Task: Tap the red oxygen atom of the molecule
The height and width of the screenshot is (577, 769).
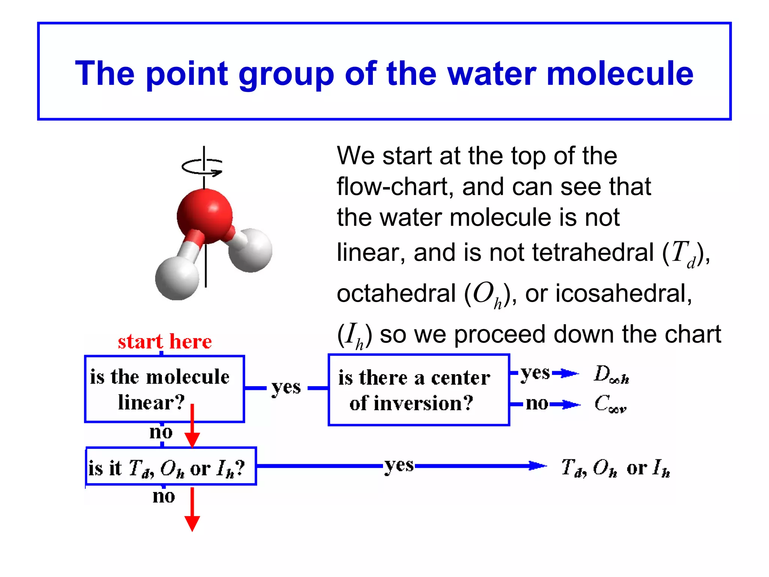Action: (205, 216)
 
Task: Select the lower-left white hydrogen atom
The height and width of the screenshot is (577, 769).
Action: (177, 278)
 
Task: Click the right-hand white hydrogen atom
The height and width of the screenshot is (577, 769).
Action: (250, 250)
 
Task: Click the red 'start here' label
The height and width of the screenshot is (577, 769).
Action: (165, 342)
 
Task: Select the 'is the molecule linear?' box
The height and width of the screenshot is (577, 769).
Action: (164, 389)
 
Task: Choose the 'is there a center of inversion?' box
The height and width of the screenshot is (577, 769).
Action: (419, 390)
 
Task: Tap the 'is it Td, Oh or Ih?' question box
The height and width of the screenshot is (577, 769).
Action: (171, 466)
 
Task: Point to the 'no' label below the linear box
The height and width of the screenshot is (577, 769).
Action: (161, 432)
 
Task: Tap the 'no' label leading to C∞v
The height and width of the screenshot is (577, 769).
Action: (537, 404)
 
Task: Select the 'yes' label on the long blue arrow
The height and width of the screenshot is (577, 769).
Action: (399, 466)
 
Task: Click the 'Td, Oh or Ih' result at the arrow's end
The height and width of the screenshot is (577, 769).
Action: (615, 468)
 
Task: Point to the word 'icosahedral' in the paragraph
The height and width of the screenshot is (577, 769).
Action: (623, 293)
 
